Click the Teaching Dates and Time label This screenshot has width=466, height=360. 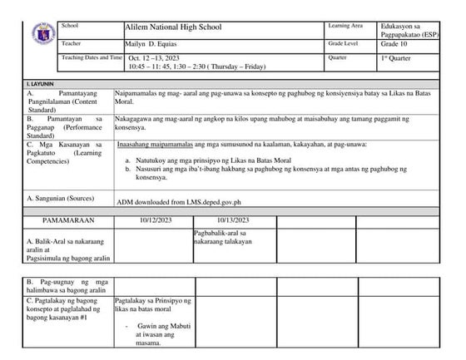[92, 58]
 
